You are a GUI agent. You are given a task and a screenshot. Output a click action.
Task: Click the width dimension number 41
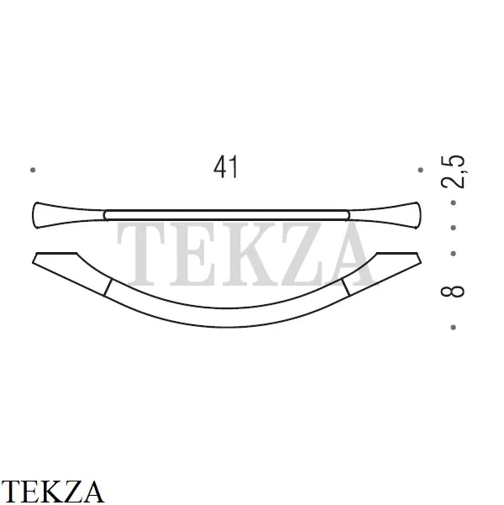pyautogui.click(x=226, y=167)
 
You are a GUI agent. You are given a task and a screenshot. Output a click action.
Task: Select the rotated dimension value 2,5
pyautogui.click(x=453, y=171)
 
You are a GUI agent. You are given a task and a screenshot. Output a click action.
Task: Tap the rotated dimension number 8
pyautogui.click(x=453, y=291)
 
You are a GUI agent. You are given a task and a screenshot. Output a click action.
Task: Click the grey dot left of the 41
pyautogui.click(x=33, y=170)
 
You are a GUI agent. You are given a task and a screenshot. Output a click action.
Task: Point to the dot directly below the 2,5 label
pyautogui.click(x=453, y=203)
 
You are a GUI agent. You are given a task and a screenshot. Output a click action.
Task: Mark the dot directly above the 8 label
pyautogui.click(x=453, y=254)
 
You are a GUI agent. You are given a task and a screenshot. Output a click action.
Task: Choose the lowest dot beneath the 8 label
pyautogui.click(x=453, y=327)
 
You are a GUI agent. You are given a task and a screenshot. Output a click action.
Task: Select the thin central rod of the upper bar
pyautogui.click(x=227, y=215)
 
